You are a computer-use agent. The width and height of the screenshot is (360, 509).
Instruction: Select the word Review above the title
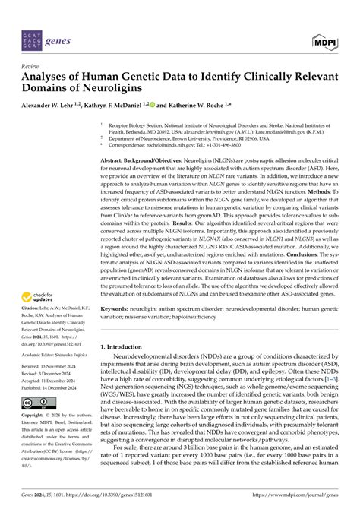33,67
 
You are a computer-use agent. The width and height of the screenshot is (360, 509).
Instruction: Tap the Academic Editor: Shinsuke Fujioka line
58,353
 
